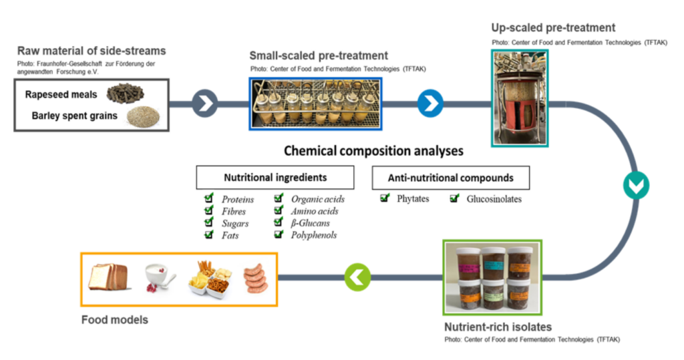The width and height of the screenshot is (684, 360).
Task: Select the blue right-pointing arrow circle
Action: pos(430,104)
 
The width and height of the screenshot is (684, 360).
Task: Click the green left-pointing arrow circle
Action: pos(357,276)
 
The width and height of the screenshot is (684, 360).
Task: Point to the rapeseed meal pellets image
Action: pos(126,94)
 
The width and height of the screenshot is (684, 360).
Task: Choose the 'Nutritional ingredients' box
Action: pos(275,178)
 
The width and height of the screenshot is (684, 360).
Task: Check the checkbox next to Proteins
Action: pos(210,198)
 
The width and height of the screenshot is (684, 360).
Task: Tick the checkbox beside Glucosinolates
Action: pos(455,198)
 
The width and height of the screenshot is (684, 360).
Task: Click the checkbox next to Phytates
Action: pos(385,198)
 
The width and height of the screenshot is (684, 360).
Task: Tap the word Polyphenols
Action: pos(314,235)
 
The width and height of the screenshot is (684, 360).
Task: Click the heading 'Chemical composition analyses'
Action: pos(373,151)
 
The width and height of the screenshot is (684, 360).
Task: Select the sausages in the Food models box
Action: pos(254,279)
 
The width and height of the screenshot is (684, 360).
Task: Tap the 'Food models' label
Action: pos(114,320)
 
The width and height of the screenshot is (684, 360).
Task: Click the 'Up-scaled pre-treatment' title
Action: pos(553,28)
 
